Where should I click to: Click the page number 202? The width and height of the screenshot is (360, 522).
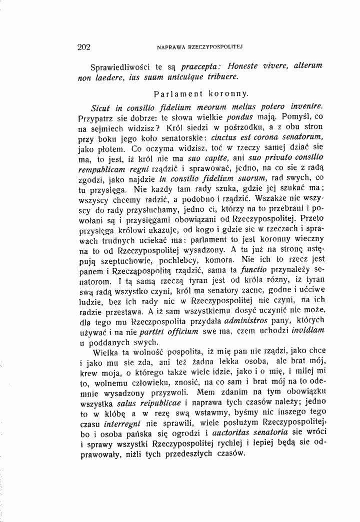coord(83,48)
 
